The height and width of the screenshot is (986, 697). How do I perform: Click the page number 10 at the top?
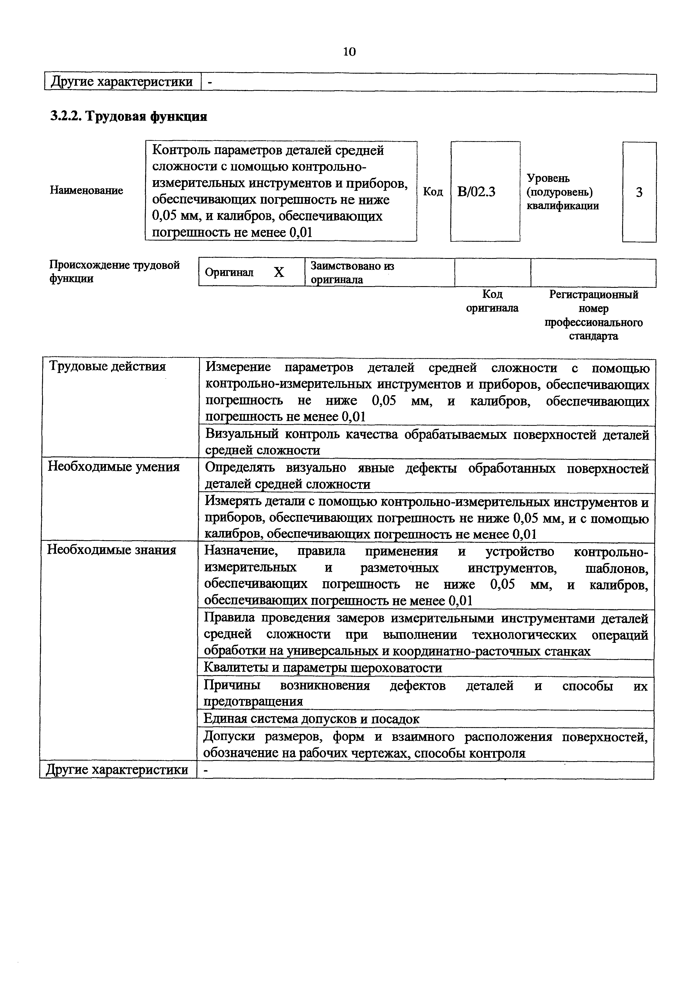[349, 52]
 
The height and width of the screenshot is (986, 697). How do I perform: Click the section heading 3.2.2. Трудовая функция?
[129, 116]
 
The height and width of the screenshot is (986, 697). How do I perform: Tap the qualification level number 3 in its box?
[639, 192]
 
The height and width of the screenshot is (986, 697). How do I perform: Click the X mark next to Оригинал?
[279, 272]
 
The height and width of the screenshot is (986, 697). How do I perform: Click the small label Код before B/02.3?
[433, 191]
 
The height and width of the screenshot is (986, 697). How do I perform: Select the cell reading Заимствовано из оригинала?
[352, 273]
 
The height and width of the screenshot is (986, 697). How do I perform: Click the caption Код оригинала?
[492, 301]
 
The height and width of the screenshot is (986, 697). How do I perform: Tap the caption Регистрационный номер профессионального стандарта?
[594, 315]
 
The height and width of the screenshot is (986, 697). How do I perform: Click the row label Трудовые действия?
[107, 366]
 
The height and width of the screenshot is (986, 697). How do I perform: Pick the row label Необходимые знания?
[112, 550]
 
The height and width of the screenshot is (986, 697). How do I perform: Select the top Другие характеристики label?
[122, 82]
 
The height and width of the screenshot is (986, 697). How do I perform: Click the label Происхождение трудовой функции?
[114, 272]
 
